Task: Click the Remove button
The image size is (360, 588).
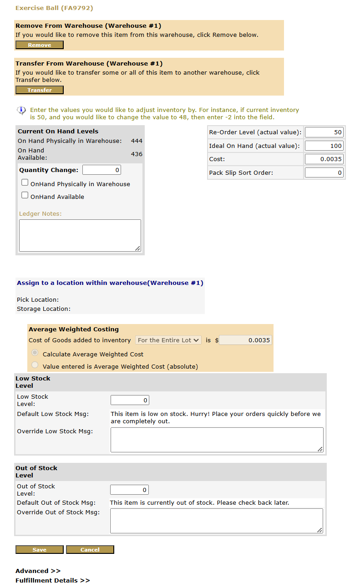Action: click(x=39, y=45)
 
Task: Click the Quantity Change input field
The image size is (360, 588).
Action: click(x=101, y=170)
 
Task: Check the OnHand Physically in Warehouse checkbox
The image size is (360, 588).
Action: click(x=25, y=182)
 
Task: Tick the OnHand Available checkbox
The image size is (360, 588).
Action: click(x=25, y=195)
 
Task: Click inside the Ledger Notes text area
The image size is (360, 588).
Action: click(x=80, y=235)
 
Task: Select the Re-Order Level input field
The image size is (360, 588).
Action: click(x=324, y=132)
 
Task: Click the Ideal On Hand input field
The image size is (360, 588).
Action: click(x=324, y=146)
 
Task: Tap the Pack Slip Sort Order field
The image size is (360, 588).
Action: click(x=324, y=173)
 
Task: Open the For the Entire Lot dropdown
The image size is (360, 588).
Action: click(x=168, y=340)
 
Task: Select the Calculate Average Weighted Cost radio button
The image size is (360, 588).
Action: click(x=35, y=353)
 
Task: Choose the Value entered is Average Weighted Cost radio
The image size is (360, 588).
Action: click(x=35, y=365)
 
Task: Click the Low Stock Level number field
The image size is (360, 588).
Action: click(x=130, y=400)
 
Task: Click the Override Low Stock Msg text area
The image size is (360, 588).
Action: click(x=217, y=440)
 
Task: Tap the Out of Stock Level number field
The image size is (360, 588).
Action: click(x=129, y=490)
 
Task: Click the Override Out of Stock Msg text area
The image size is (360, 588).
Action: click(x=216, y=521)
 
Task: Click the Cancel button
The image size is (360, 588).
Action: click(x=90, y=550)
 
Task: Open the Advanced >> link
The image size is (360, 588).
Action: click(x=38, y=571)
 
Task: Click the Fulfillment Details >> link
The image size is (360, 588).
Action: click(x=52, y=581)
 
